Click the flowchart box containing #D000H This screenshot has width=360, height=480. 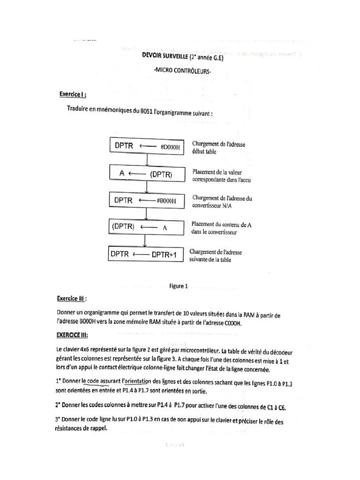(147, 146)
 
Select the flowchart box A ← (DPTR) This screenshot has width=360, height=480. (147, 173)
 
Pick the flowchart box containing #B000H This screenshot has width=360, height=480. (147, 200)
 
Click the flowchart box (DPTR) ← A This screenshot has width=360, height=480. (147, 227)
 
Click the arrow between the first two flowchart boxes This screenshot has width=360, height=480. (147, 159)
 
